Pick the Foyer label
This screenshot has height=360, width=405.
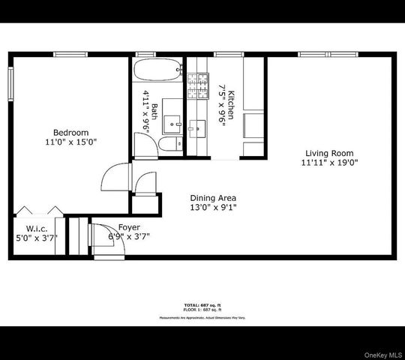coord(129,227)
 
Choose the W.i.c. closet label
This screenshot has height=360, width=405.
coord(37,228)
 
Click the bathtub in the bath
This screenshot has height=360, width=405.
coord(157,71)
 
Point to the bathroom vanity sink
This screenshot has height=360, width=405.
coord(173,121)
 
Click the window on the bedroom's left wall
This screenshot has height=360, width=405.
coord(10,84)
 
